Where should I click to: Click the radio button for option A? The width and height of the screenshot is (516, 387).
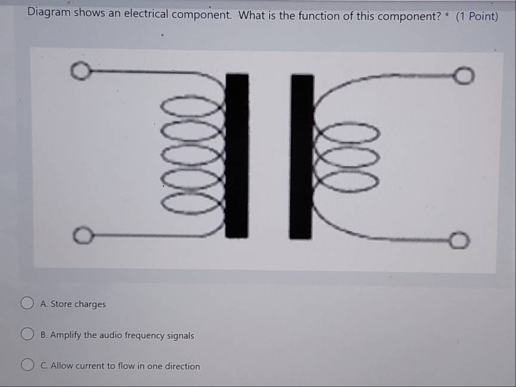[27, 303]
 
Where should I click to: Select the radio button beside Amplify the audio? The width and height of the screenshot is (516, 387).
[27, 334]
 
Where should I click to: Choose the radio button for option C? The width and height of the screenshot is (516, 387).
[27, 364]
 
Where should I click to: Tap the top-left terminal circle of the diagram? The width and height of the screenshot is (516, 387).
[81, 70]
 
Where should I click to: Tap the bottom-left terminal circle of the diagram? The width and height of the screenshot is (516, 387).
[84, 235]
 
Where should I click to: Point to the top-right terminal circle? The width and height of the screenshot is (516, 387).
[464, 76]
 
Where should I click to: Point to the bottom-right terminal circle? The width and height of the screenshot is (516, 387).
[459, 240]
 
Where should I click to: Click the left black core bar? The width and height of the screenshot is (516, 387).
[237, 155]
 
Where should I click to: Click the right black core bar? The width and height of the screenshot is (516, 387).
[301, 157]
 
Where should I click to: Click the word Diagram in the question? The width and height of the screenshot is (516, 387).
[49, 12]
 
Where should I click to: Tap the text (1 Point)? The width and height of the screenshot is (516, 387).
[477, 17]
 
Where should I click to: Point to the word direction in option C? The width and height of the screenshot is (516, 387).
[182, 366]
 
